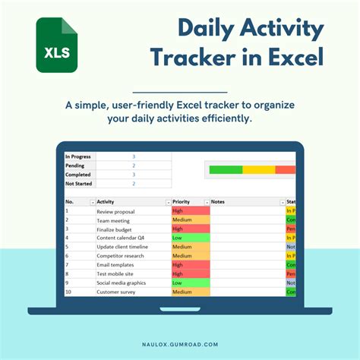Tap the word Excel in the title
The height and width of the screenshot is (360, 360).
click(x=283, y=57)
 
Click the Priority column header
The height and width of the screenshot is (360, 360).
click(x=182, y=202)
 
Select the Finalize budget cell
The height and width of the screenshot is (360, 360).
click(x=114, y=229)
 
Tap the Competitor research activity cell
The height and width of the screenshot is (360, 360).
click(x=120, y=256)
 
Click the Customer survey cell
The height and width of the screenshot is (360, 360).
click(x=115, y=292)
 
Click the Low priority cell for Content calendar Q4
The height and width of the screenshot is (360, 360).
click(x=190, y=238)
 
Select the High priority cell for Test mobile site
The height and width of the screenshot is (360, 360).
click(x=190, y=273)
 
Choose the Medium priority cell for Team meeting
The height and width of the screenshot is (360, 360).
click(x=190, y=220)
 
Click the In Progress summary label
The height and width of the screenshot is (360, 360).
click(x=79, y=156)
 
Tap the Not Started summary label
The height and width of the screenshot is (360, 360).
click(x=79, y=183)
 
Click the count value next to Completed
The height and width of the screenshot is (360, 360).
click(x=134, y=175)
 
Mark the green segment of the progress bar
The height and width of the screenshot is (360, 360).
click(x=226, y=169)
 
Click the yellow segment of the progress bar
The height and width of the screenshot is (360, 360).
click(x=258, y=169)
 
